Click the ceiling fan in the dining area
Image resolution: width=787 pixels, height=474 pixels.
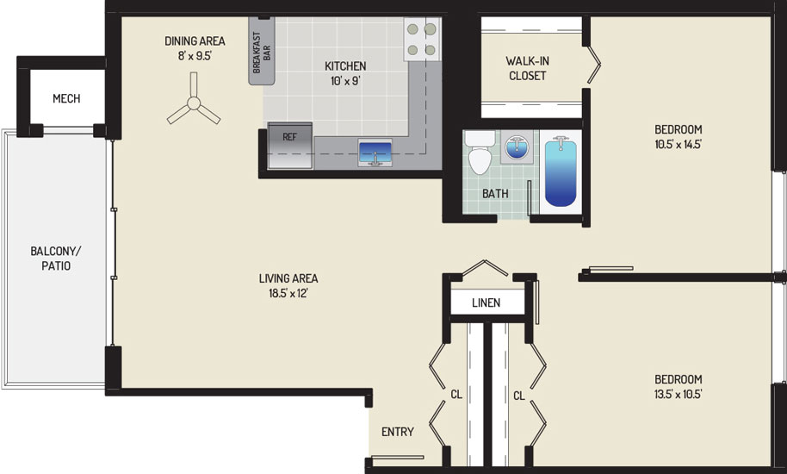point(193,104)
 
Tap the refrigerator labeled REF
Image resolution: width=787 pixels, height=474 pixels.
point(290,146)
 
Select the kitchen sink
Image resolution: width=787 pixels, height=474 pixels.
point(375,153)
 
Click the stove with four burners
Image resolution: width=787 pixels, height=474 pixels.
point(422,40)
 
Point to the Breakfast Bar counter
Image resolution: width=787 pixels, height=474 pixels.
point(262,52)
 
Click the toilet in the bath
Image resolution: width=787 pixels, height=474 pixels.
point(480,153)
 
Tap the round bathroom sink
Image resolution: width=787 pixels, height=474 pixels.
point(517,147)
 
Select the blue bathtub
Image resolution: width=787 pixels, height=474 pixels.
point(561,172)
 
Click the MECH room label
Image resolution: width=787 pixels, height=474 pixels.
point(66,98)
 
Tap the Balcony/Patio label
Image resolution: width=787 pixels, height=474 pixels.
point(56,258)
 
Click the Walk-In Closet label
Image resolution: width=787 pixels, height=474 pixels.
point(527,68)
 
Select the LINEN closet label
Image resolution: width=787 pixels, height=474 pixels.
point(486,302)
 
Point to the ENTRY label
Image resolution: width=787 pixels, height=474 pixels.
point(398,432)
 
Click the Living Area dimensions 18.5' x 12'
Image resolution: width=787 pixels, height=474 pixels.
point(288,293)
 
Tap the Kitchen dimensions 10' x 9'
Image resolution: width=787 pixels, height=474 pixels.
point(345,80)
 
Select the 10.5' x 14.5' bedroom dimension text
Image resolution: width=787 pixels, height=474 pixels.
point(679,144)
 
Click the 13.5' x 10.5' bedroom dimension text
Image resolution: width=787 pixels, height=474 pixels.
point(679,394)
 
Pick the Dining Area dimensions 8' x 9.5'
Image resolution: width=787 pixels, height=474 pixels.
point(195,56)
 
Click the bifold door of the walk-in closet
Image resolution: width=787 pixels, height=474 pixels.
point(594,65)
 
